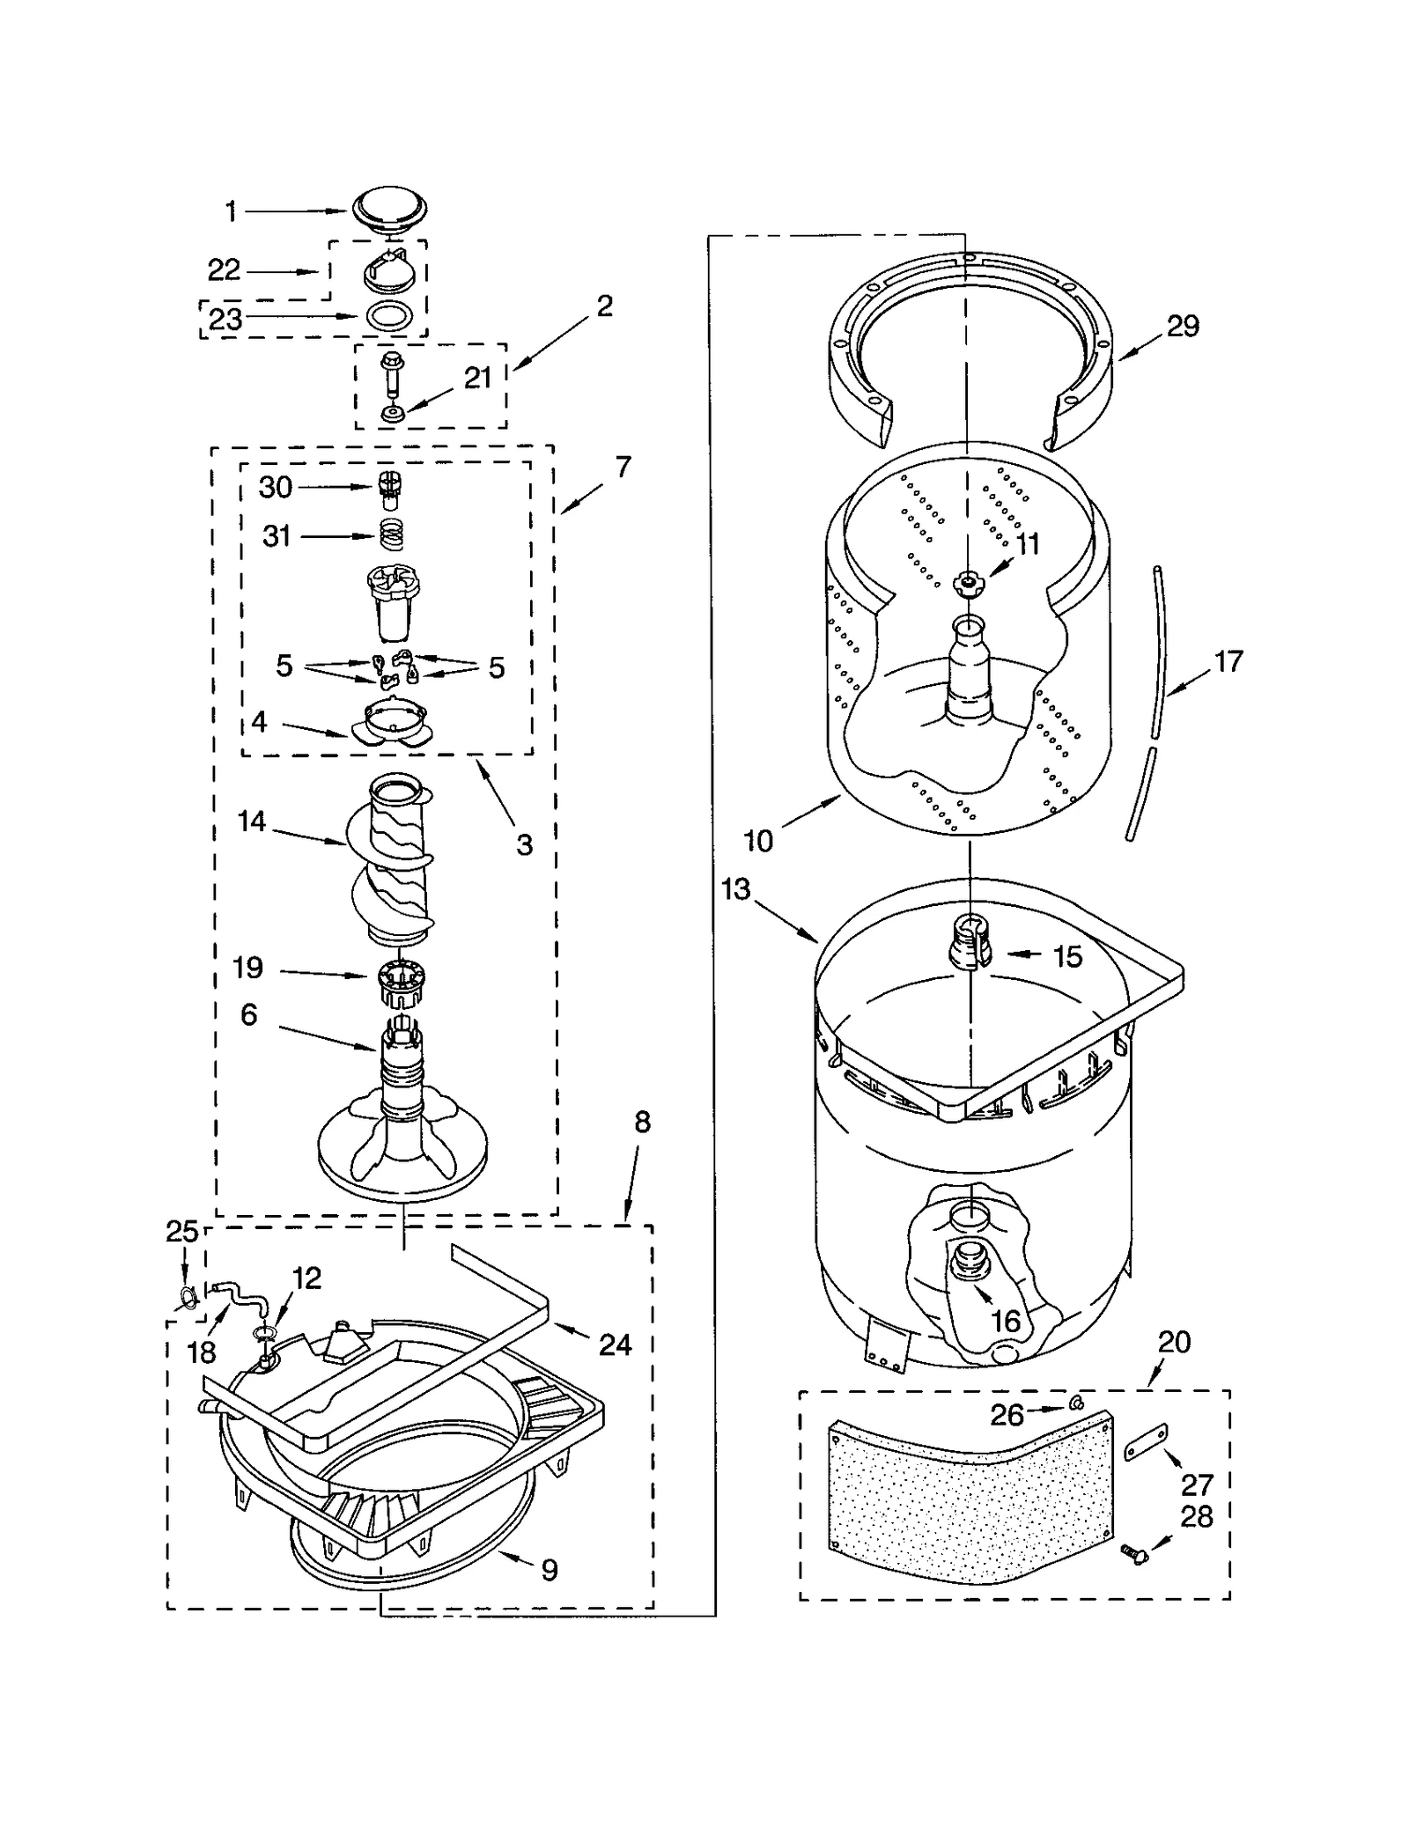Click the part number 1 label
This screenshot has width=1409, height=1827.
[x=231, y=211]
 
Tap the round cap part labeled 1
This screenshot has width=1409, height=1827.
[x=390, y=210]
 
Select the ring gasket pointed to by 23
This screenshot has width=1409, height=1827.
[x=387, y=316]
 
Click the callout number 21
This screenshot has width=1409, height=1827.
[x=477, y=378]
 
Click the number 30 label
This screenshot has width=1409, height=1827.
[x=276, y=487]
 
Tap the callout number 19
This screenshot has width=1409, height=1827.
[x=248, y=968]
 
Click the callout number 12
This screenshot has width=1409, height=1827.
[x=306, y=1278]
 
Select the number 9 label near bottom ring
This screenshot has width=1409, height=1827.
[x=550, y=1569]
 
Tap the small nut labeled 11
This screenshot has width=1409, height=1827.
[x=969, y=581]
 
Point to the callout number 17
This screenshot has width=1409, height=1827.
[x=1228, y=660]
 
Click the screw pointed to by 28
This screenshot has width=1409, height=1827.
[x=1134, y=1555]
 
